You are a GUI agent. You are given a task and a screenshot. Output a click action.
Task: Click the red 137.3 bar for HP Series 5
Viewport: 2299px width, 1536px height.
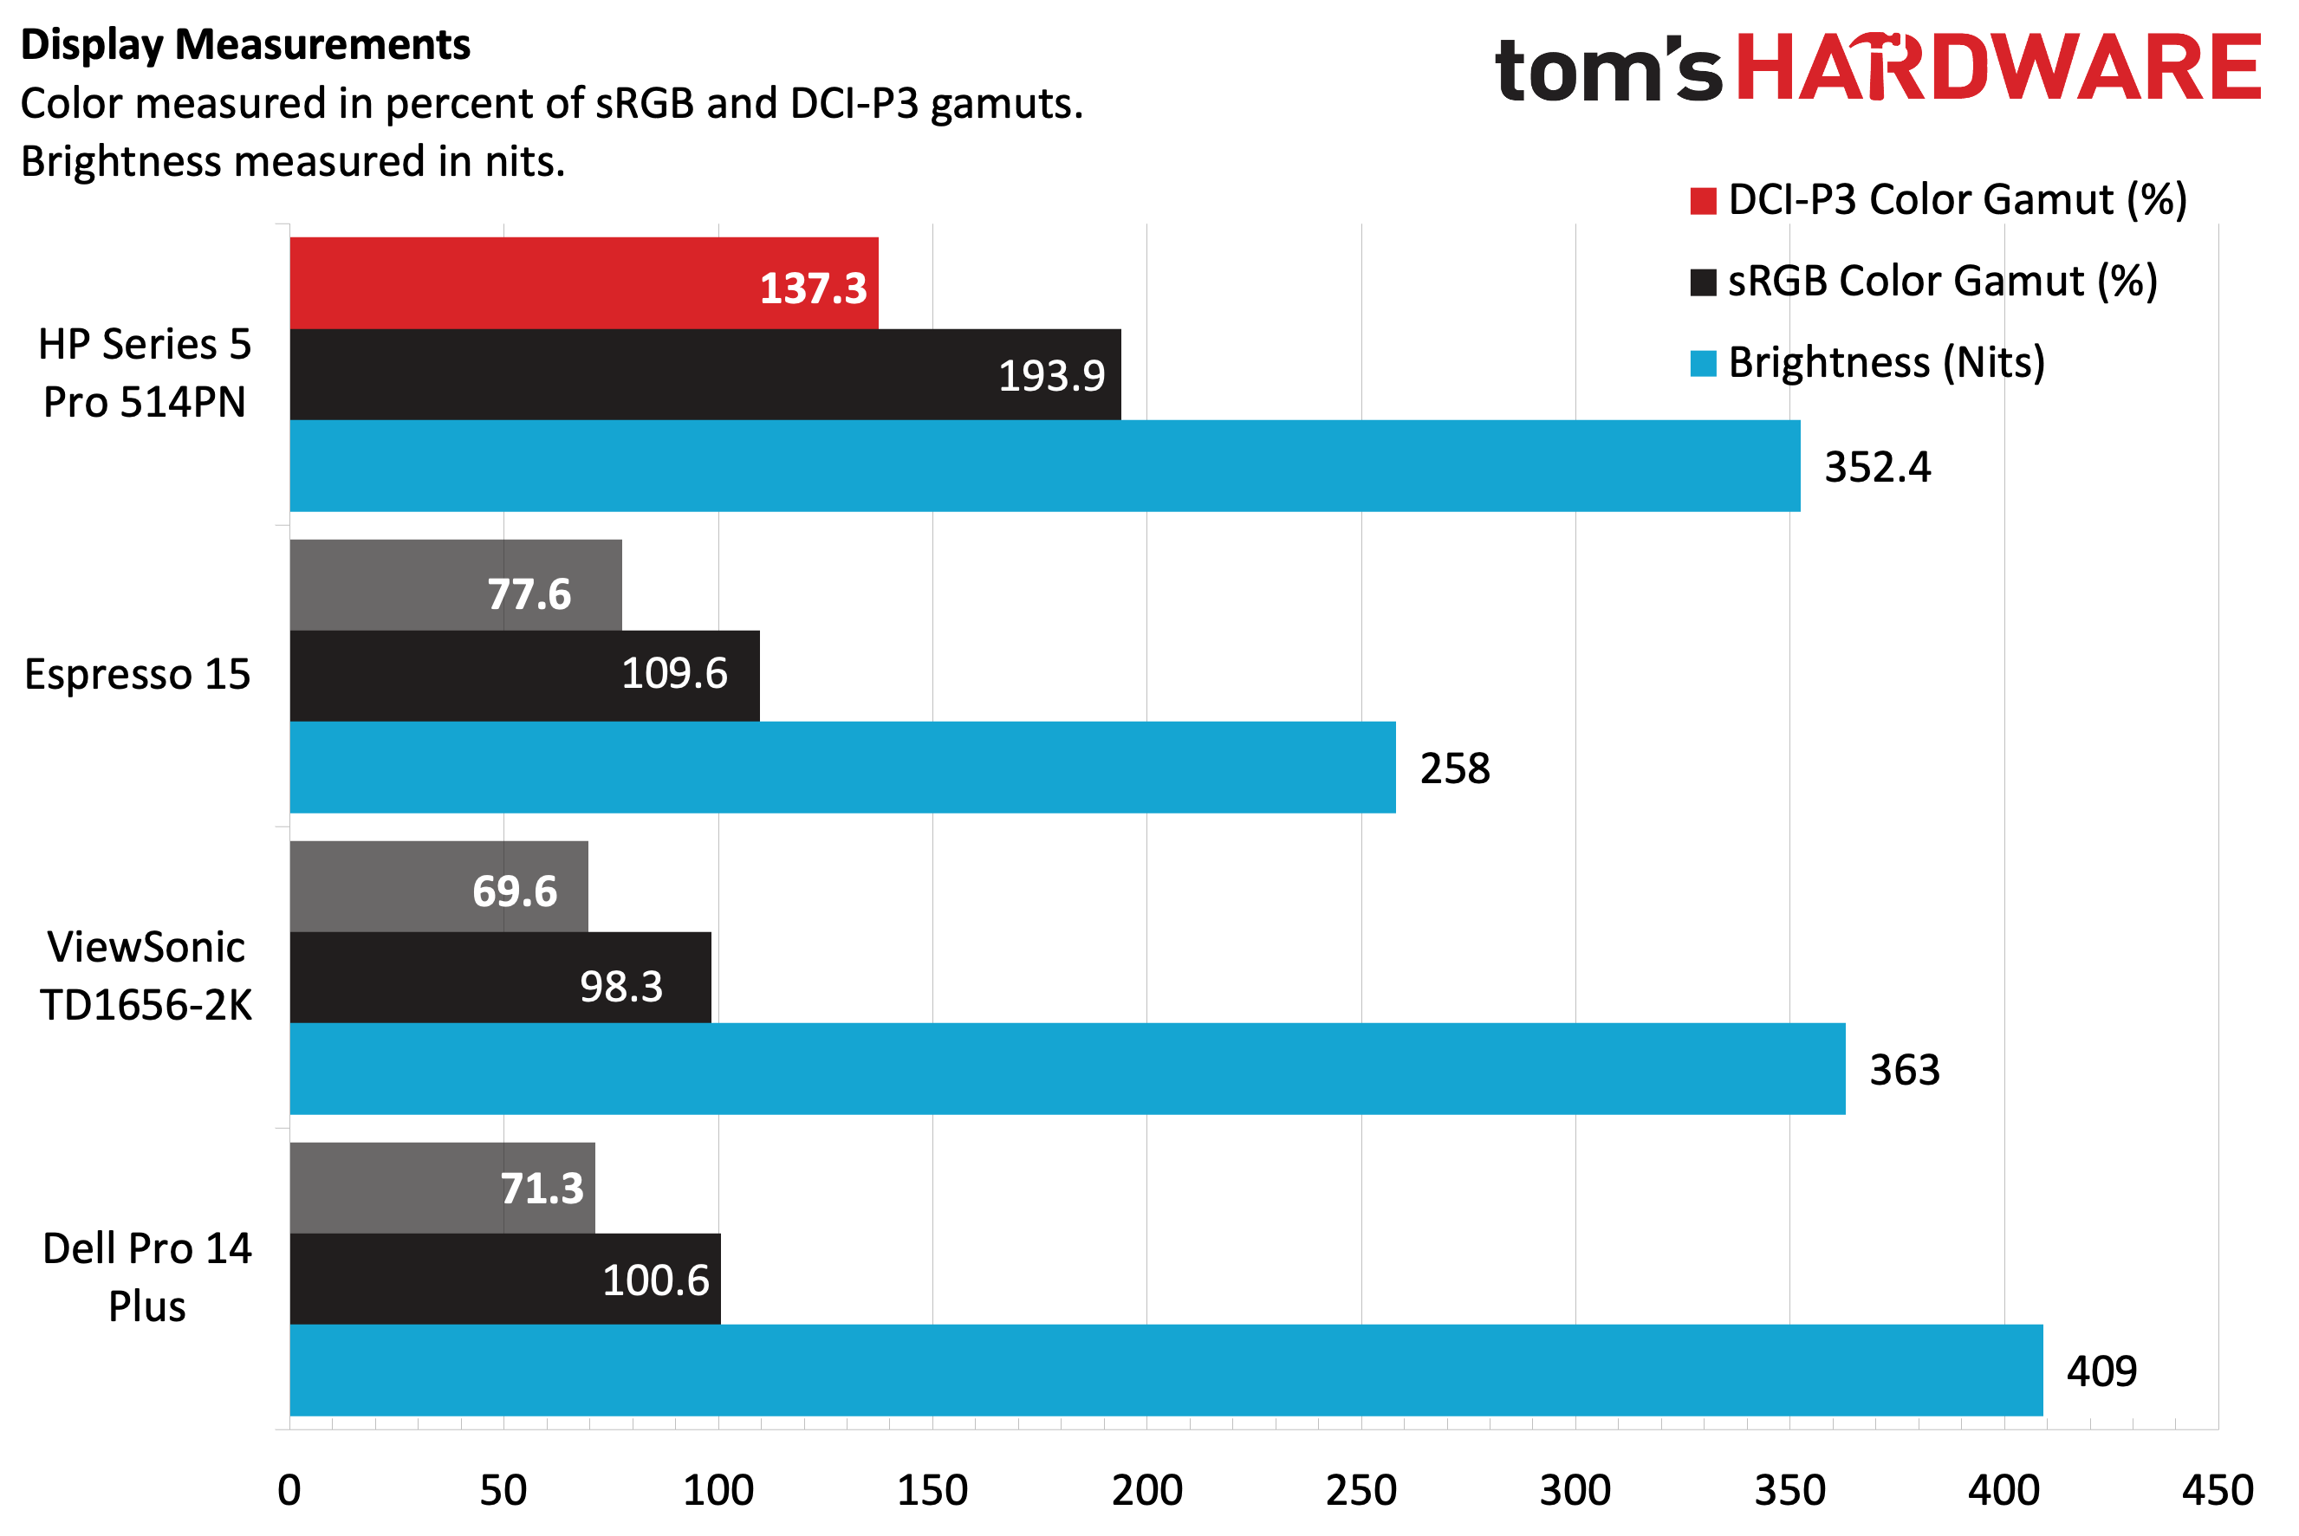(x=583, y=282)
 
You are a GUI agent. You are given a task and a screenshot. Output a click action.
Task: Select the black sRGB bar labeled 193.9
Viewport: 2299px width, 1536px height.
(x=705, y=374)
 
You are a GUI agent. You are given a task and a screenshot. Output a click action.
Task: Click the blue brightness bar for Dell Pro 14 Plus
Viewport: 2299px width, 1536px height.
(x=1166, y=1370)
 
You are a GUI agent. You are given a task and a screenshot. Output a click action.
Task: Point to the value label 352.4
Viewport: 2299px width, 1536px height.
(x=1877, y=467)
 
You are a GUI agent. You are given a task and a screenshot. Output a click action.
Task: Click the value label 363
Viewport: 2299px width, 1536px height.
(x=1904, y=1070)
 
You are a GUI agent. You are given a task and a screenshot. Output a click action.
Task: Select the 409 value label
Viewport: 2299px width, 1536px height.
(x=2101, y=1371)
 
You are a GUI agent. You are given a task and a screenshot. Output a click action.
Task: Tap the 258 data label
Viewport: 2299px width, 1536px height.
(x=1454, y=768)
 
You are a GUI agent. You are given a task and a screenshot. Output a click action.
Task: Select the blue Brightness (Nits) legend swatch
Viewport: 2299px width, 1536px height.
(x=1703, y=364)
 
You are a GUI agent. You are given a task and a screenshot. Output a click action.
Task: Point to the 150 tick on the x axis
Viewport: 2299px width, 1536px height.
(x=932, y=1490)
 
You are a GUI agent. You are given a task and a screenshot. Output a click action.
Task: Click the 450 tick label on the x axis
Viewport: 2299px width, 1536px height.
(x=2218, y=1490)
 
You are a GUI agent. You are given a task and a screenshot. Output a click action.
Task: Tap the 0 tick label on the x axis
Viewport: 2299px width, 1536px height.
(x=289, y=1490)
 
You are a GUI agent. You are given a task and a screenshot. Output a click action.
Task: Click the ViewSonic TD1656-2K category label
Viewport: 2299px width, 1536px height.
(x=146, y=975)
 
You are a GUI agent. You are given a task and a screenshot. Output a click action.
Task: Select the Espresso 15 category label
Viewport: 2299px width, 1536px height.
(x=137, y=674)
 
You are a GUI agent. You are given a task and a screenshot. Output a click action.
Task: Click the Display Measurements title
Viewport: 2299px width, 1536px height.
(x=245, y=45)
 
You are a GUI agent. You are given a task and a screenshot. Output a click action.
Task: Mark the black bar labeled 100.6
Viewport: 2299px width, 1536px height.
(x=504, y=1279)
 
